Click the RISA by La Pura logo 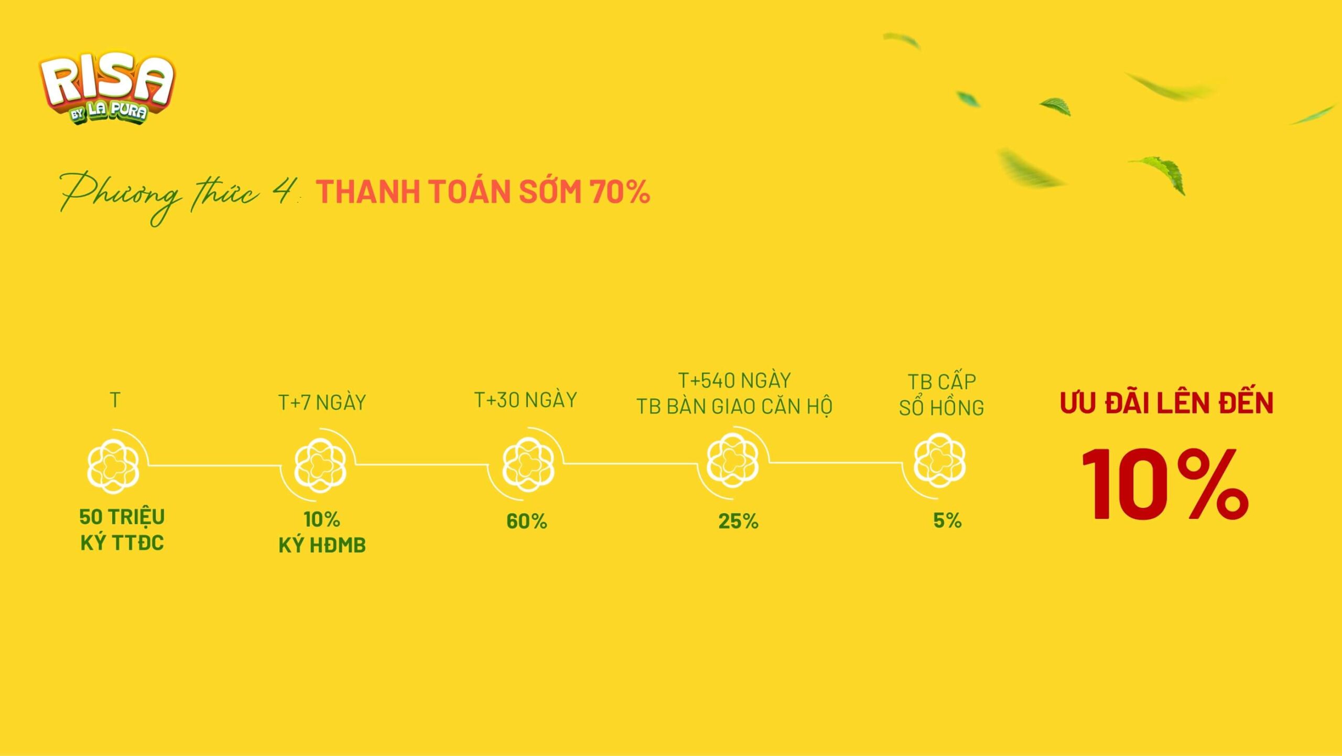(106, 88)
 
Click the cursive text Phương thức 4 (178, 196)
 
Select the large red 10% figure (1165, 484)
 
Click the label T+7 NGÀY (322, 403)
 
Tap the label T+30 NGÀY (525, 400)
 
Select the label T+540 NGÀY (734, 380)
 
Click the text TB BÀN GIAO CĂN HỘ (734, 407)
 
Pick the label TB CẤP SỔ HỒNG (941, 395)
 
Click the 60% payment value (527, 521)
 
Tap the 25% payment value (739, 521)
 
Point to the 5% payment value (947, 520)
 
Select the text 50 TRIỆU (122, 517)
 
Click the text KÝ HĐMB (322, 546)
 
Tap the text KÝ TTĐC (122, 543)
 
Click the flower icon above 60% (528, 464)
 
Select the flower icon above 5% (939, 460)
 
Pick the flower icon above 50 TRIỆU (113, 466)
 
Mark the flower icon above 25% (732, 460)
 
